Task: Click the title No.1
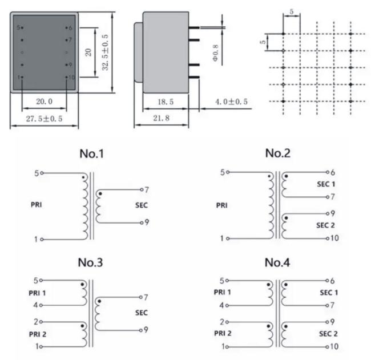point(91,153)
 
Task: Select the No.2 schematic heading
point(278,153)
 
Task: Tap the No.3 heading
point(90,262)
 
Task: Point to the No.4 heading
point(277,262)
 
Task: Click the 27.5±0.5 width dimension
point(45,119)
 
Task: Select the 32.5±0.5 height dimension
point(105,52)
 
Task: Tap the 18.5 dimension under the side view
point(166,102)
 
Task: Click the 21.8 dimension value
point(162,118)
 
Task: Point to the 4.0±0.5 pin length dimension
point(231,102)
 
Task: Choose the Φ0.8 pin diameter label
point(215,52)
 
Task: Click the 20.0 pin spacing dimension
point(45,102)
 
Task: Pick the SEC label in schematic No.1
point(142,205)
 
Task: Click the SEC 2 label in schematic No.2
point(325,225)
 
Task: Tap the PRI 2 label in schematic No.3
point(38,334)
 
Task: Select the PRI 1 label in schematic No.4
point(223,292)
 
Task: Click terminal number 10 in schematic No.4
point(334,346)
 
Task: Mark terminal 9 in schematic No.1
point(147,222)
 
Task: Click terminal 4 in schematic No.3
point(35,305)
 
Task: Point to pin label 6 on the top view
point(70,28)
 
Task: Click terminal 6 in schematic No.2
point(333,172)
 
